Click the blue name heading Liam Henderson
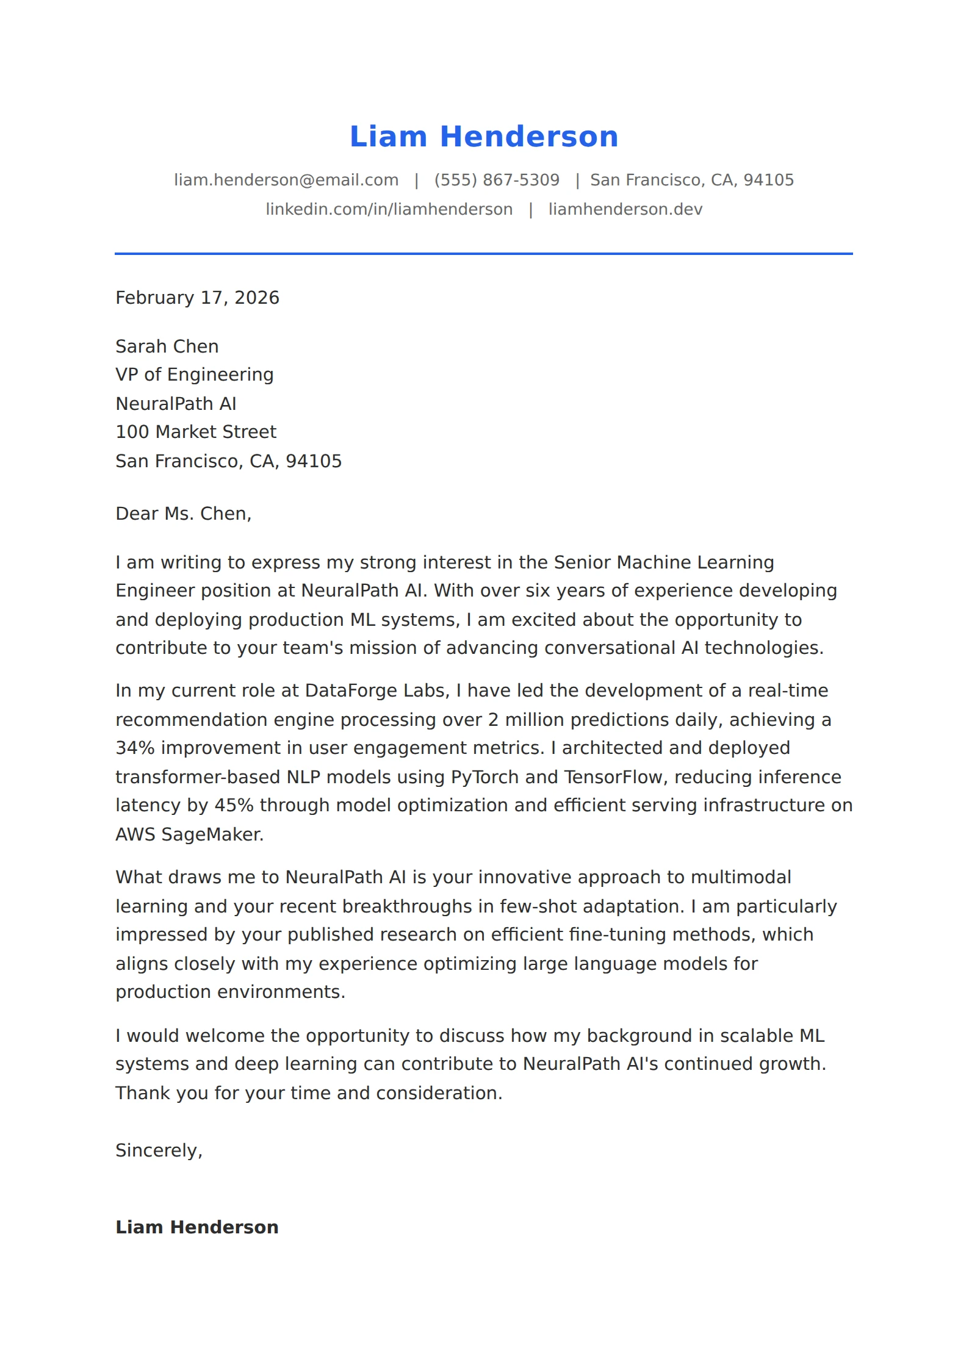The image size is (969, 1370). tap(484, 137)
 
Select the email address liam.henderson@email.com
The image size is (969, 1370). tap(286, 180)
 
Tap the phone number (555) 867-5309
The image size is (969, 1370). tap(497, 180)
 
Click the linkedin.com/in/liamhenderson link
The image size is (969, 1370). tap(389, 209)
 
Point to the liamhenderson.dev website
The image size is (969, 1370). tap(625, 209)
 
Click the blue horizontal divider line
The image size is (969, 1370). tap(484, 253)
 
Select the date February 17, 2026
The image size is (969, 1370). tap(197, 298)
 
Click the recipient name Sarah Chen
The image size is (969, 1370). tap(167, 346)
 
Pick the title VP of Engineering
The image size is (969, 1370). tap(194, 375)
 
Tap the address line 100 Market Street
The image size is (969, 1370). tap(196, 432)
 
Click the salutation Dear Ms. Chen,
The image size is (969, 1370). tap(183, 514)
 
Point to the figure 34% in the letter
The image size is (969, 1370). tap(135, 748)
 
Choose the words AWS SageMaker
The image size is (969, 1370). tap(189, 834)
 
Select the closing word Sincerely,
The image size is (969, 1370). tap(159, 1150)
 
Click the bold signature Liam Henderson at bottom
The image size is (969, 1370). tap(196, 1227)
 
